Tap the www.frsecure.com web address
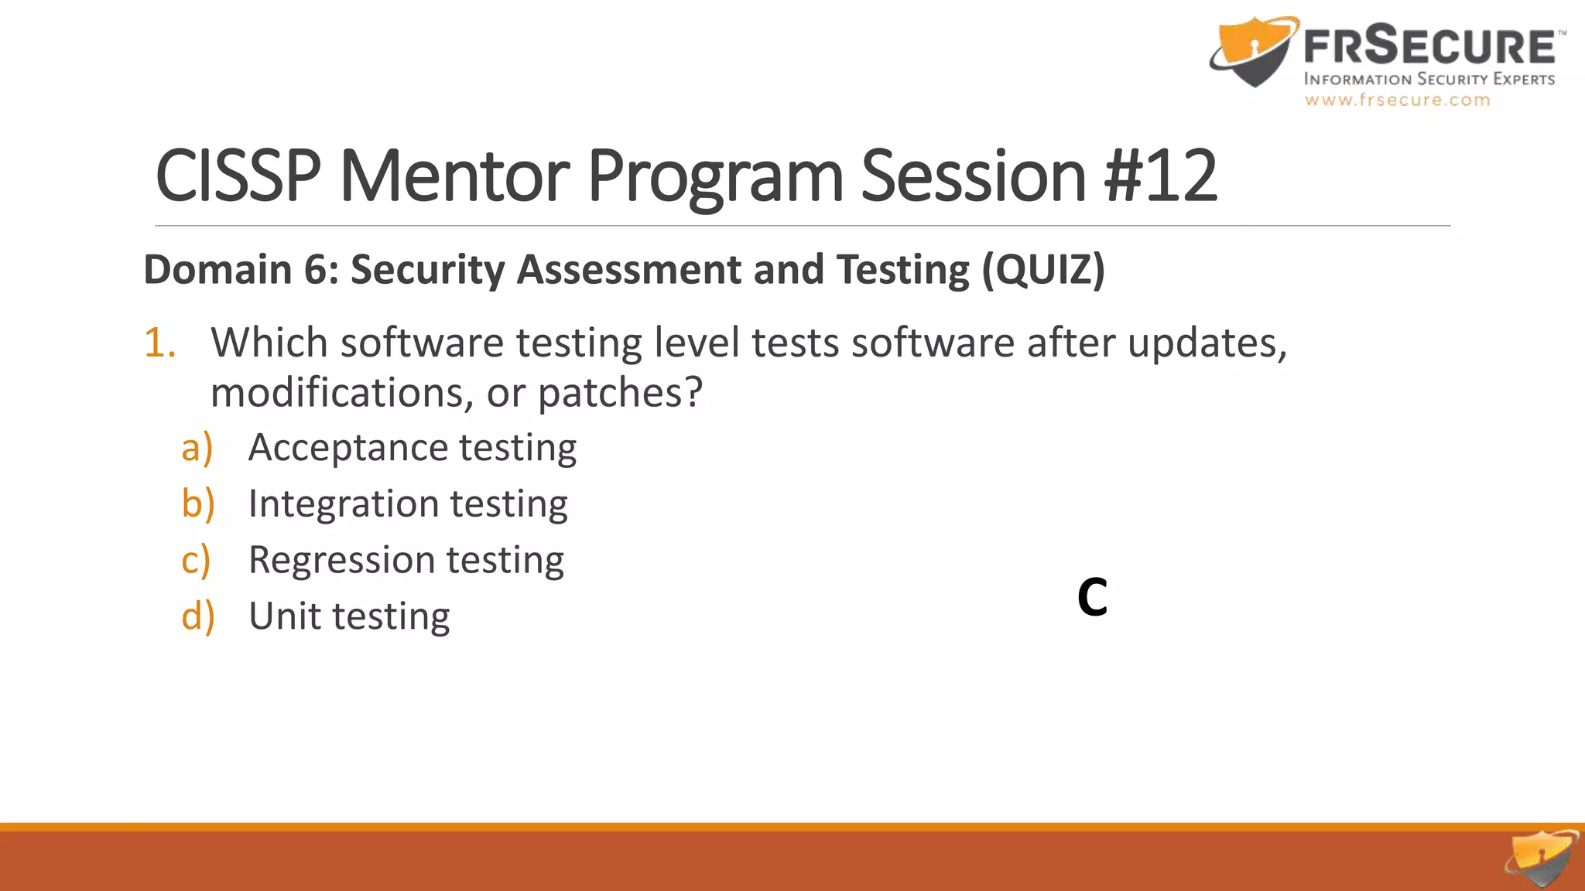(1397, 100)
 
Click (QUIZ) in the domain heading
(1043, 270)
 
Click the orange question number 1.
(159, 343)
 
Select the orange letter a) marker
(197, 448)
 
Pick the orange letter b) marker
(197, 504)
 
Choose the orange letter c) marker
(196, 561)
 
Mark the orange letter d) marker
(197, 617)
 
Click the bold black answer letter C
(1092, 597)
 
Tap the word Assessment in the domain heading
(628, 270)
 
